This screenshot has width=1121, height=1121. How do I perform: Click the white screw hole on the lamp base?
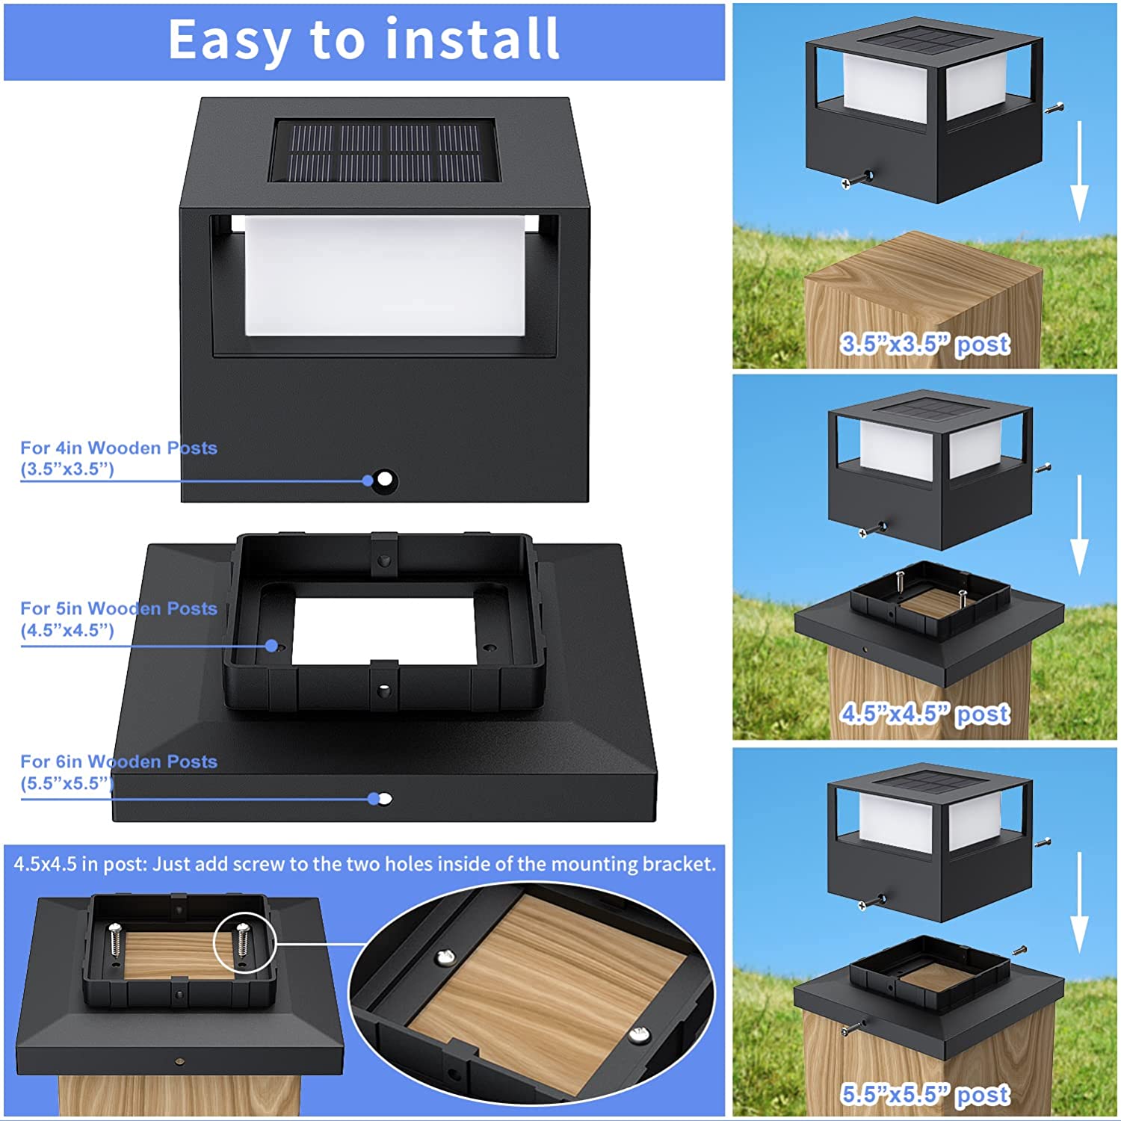tap(385, 479)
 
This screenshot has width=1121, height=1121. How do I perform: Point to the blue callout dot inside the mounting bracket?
tap(272, 645)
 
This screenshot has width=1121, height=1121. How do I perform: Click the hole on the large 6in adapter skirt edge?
tap(385, 799)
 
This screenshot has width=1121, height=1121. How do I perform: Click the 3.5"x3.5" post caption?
tap(924, 344)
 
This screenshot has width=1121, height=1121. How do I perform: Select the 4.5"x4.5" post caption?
tap(924, 714)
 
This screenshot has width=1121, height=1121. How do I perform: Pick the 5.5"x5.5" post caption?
tap(924, 1094)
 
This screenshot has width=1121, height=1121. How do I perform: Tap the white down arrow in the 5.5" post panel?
tap(1078, 904)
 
